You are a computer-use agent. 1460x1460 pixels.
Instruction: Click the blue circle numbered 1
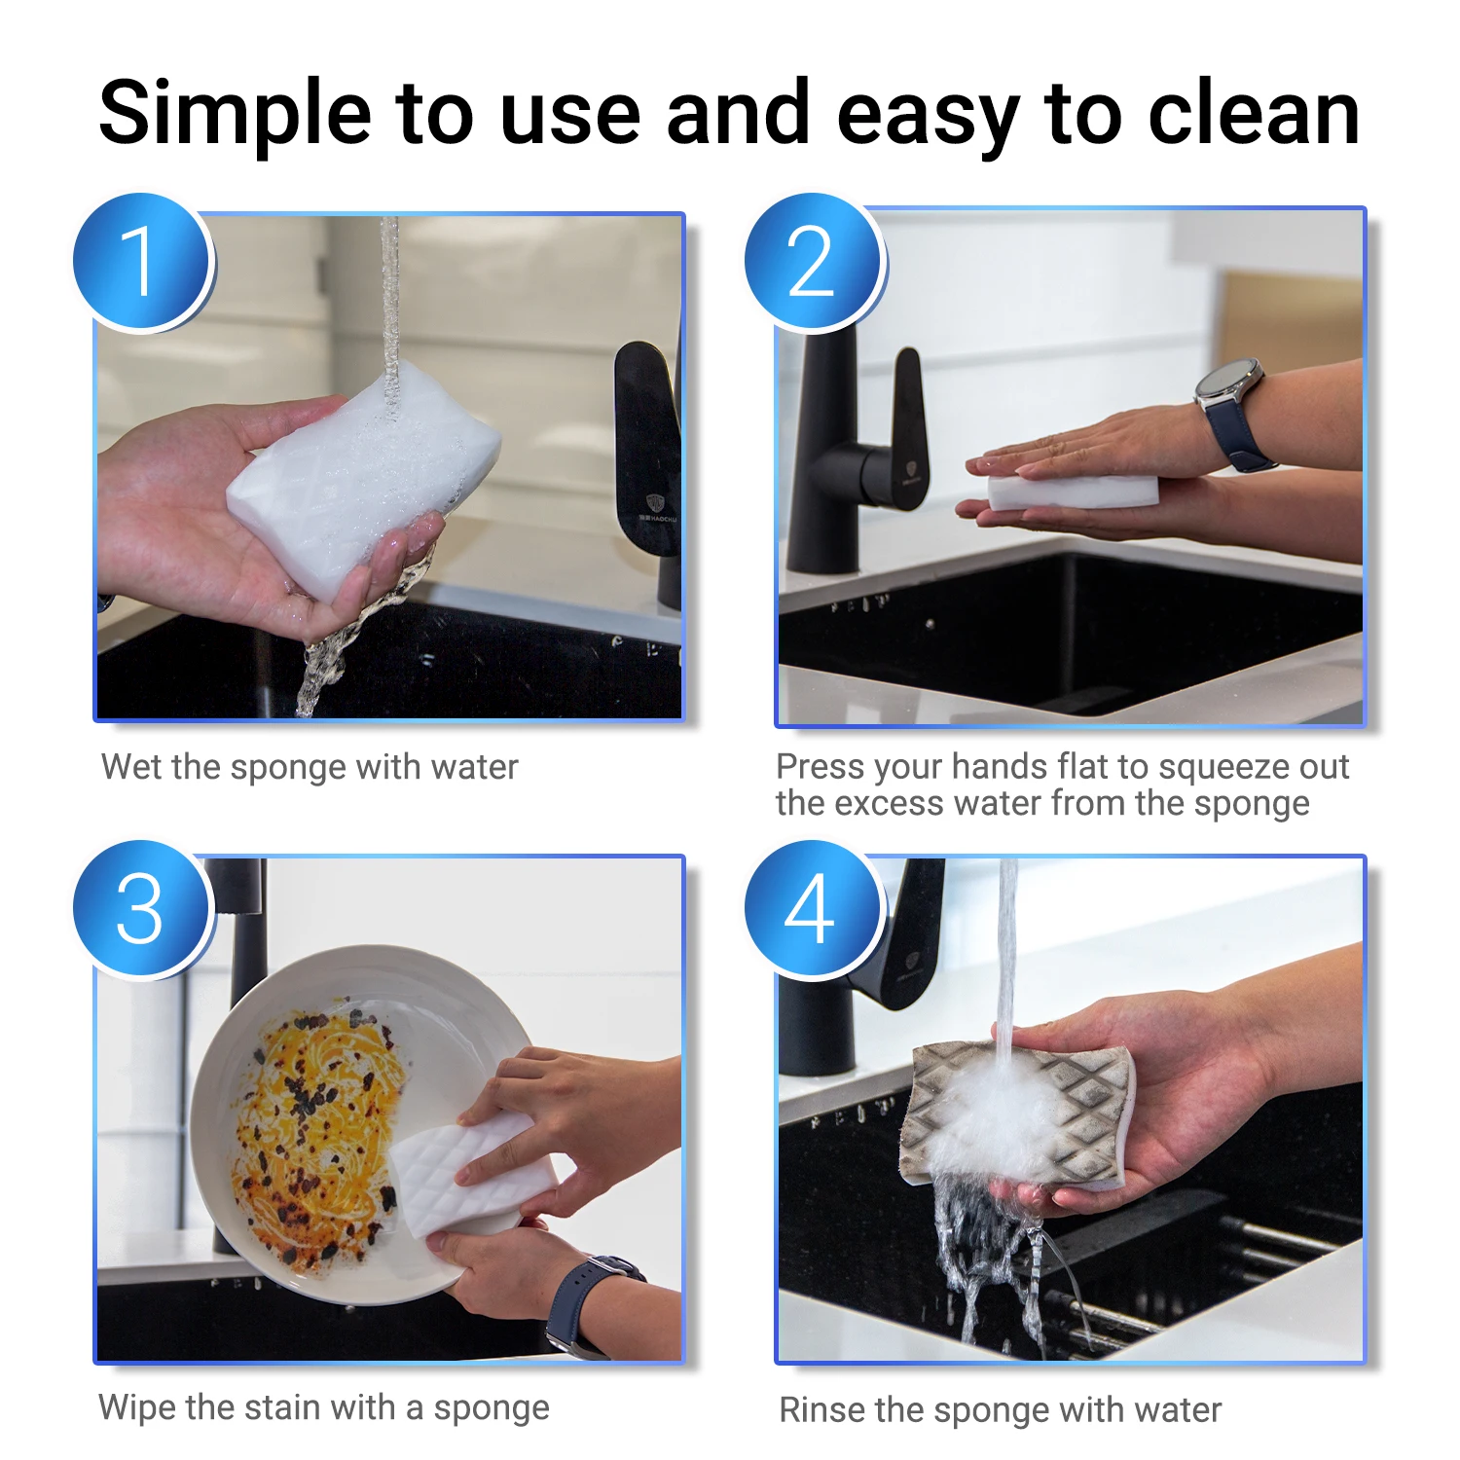tap(143, 262)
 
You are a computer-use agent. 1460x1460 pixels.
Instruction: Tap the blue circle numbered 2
tap(814, 262)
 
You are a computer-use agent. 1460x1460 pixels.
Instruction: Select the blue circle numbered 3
tap(143, 909)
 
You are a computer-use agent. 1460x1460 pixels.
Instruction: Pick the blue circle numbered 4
tap(814, 909)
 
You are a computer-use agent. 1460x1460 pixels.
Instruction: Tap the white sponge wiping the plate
tap(457, 1173)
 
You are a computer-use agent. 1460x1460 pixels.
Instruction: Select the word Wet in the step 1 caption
tap(131, 767)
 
